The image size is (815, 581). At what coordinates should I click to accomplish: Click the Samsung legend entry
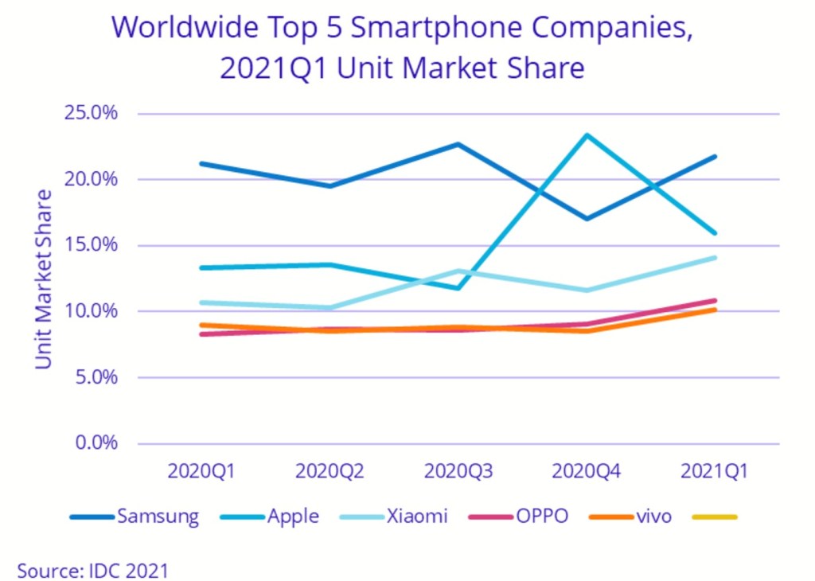135,517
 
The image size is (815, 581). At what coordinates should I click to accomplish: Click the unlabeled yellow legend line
714,517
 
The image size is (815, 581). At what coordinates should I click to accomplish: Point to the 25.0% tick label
90,113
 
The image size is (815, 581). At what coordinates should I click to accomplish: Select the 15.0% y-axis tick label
90,245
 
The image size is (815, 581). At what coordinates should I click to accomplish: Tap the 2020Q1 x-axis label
201,471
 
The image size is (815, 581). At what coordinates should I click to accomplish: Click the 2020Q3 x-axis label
458,471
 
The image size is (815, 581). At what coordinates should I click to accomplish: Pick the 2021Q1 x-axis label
715,471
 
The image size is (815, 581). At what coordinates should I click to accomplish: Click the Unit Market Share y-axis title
44,279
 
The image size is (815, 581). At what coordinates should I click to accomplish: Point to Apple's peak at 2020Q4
587,135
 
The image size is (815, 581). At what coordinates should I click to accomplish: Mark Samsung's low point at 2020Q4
587,218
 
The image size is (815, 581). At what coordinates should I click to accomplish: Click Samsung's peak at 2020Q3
458,144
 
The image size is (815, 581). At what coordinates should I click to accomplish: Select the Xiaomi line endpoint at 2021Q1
715,257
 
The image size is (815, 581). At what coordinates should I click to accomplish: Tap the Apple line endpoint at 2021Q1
715,233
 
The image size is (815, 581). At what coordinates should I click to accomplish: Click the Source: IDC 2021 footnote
92,570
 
